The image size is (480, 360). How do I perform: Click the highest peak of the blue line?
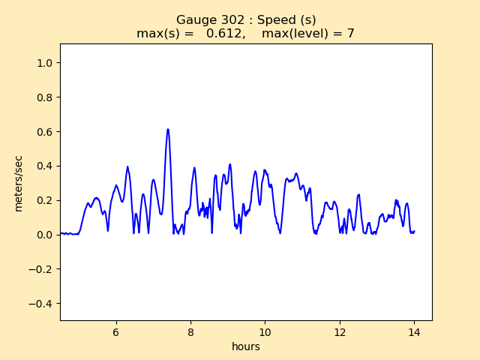tap(168, 130)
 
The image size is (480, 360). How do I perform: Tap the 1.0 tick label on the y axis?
tap(45, 63)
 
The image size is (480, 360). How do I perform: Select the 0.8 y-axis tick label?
tap(45, 97)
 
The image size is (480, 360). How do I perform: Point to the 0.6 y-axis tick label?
tap(45, 132)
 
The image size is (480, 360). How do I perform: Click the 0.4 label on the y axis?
tap(45, 166)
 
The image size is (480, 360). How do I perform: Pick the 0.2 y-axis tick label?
tap(45, 201)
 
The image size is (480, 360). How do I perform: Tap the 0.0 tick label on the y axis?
tap(45, 235)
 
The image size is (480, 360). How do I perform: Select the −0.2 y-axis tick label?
tap(40, 269)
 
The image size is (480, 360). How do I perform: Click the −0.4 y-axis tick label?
tap(40, 304)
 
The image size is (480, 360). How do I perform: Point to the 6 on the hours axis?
tap(116, 332)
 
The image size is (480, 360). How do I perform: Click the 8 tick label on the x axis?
tap(190, 332)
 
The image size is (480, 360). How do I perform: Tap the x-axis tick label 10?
tap(265, 332)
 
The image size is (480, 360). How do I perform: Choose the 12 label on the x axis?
tap(340, 332)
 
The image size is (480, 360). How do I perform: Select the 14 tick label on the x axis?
tap(414, 332)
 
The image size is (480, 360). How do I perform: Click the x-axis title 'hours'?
tap(246, 346)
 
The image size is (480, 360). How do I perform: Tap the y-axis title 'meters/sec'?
tap(18, 184)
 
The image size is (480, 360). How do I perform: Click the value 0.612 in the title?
tap(224, 33)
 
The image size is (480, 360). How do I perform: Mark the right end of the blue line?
tap(415, 232)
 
